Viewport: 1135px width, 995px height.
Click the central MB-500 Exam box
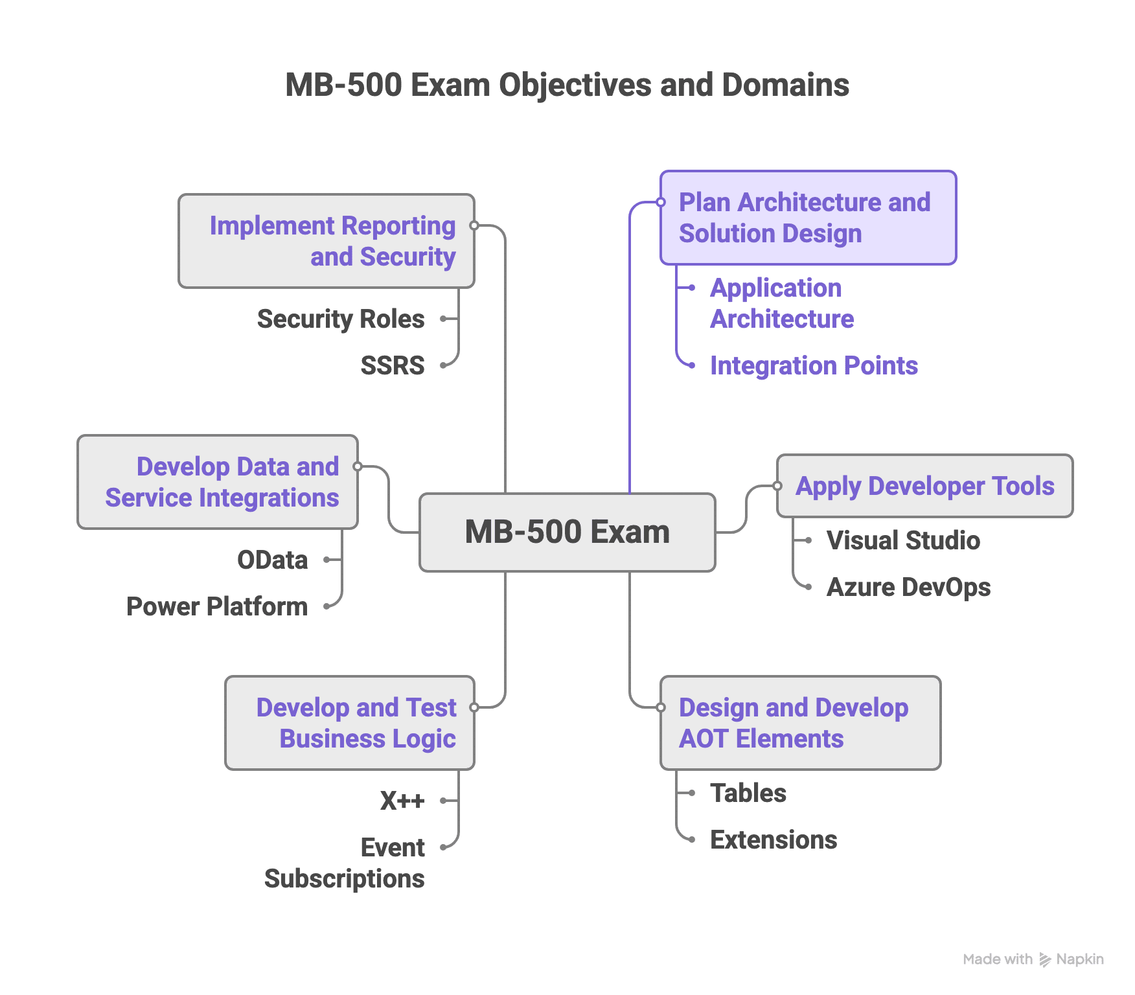pyautogui.click(x=567, y=532)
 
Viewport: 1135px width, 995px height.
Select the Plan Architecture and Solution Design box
pyautogui.click(x=807, y=218)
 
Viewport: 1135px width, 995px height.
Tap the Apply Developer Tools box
pyautogui.click(x=924, y=486)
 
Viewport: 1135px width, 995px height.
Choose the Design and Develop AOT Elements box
pyautogui.click(x=799, y=723)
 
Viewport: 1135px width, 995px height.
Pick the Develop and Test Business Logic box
pyautogui.click(x=350, y=723)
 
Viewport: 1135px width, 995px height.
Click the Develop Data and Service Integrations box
pyautogui.click(x=218, y=482)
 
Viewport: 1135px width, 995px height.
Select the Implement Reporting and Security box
pyautogui.click(x=327, y=241)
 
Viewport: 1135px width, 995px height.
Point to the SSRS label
pyautogui.click(x=393, y=365)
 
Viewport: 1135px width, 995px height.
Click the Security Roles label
pyautogui.click(x=341, y=319)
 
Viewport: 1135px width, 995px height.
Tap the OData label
pyautogui.click(x=272, y=560)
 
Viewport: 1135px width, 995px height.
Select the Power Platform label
pyautogui.click(x=217, y=606)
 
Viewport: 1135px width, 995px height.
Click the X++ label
pyautogui.click(x=402, y=801)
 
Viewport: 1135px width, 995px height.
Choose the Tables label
pyautogui.click(x=748, y=793)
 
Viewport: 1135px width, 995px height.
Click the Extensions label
pyautogui.click(x=774, y=840)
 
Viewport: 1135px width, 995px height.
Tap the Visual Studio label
pyautogui.click(x=903, y=540)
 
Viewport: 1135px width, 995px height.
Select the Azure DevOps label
pyautogui.click(x=908, y=587)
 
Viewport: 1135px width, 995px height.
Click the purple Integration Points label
pyautogui.click(x=814, y=365)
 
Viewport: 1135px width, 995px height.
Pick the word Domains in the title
pyautogui.click(x=785, y=85)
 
